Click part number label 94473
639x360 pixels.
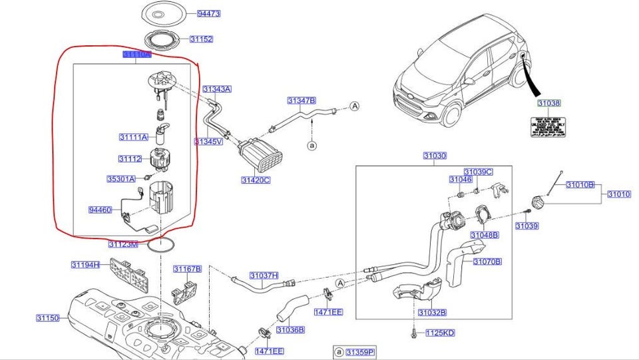(208, 13)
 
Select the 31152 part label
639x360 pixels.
(201, 39)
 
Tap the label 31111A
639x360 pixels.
(134, 137)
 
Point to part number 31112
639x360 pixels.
(129, 158)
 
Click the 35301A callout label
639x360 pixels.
(120, 178)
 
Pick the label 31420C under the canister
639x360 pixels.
(256, 180)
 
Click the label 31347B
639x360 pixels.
(302, 100)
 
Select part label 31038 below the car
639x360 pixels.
(549, 103)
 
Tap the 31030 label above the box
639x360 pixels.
(435, 156)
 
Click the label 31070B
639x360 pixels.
(487, 262)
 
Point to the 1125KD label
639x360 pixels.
(440, 332)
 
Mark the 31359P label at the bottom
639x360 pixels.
(359, 351)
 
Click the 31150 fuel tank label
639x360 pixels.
(48, 318)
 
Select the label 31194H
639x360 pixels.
(85, 265)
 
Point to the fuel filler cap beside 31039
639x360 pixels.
(536, 201)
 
